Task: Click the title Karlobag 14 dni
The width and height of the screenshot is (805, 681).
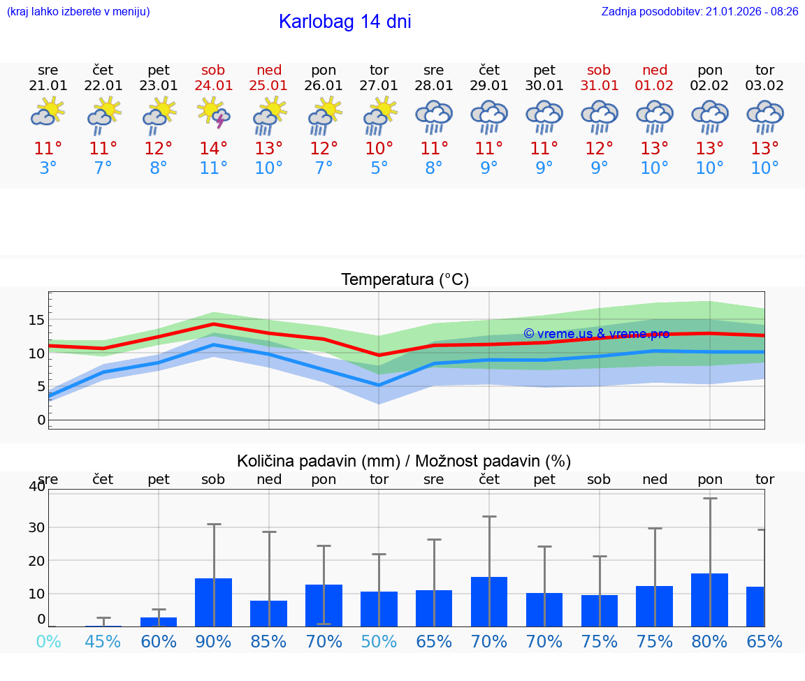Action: coord(345,22)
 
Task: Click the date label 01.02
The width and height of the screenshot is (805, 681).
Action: coord(654,85)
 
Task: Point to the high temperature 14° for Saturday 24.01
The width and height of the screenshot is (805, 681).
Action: coord(214,148)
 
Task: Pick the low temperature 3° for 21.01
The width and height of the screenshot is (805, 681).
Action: coord(48,168)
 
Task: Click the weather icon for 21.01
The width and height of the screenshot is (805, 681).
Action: coord(48,113)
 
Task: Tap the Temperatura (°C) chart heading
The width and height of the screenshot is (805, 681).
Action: coord(405,280)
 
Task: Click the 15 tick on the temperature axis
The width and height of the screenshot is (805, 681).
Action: coord(36,320)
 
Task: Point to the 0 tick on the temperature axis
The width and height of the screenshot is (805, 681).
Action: coord(41,420)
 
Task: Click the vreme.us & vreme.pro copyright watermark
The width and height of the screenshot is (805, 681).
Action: coord(596,334)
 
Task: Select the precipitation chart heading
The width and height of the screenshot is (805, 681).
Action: coord(404,461)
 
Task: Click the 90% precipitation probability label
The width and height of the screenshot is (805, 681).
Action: coord(214,641)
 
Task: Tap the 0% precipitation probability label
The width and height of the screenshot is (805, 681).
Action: coord(48,641)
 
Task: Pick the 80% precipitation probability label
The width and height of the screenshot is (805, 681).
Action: coord(709,641)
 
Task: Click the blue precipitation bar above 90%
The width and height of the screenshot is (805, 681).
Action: coord(214,602)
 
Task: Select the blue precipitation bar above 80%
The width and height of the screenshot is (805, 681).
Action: coord(709,600)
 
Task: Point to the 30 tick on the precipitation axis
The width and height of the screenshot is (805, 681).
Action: coord(36,527)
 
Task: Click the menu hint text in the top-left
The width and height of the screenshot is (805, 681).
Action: coord(78,11)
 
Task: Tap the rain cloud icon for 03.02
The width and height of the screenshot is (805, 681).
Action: coord(764,117)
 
